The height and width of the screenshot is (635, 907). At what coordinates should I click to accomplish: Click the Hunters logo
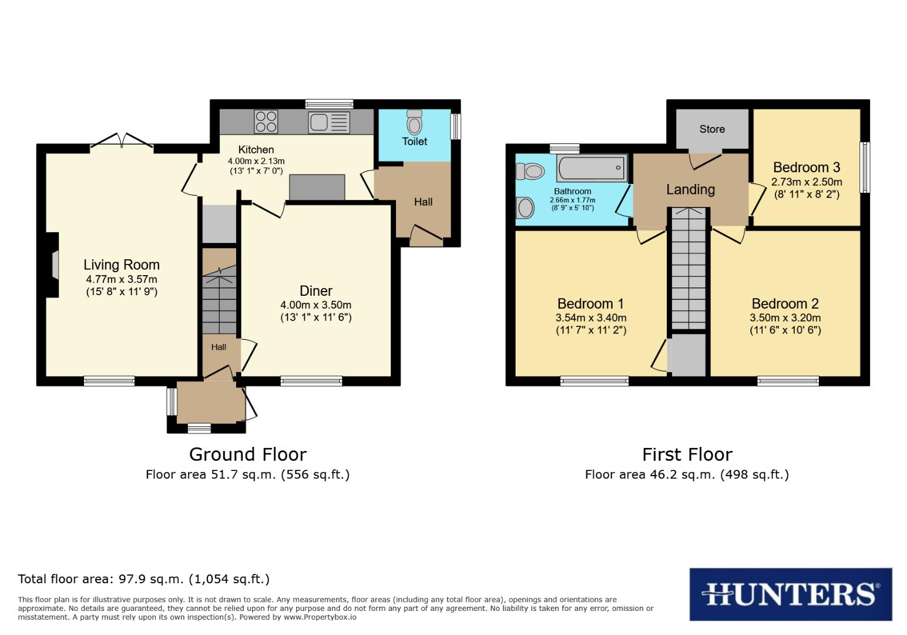tap(790, 594)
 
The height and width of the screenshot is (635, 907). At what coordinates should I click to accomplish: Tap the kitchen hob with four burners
tap(266, 122)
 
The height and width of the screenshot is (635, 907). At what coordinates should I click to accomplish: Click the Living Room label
tap(121, 265)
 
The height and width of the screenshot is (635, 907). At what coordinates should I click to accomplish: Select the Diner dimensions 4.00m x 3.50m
tap(316, 305)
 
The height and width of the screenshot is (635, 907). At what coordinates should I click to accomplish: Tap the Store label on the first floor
tap(712, 129)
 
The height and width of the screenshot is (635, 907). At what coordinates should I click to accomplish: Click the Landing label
tap(690, 189)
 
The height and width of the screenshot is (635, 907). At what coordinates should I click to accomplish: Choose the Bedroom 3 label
tap(806, 167)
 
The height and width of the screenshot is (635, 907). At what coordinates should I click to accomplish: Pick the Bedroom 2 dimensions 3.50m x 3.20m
tap(785, 317)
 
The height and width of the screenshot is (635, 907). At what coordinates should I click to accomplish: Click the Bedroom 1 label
tap(590, 303)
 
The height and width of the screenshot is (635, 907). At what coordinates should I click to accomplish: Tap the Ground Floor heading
tap(247, 454)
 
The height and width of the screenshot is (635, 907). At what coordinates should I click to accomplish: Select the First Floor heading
tap(687, 454)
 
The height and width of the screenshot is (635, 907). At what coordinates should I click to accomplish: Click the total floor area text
tap(144, 579)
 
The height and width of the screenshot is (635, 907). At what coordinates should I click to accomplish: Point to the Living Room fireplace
tap(53, 265)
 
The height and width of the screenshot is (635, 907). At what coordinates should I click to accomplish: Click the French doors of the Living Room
tap(122, 141)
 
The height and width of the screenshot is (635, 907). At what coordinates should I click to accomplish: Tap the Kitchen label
tap(256, 149)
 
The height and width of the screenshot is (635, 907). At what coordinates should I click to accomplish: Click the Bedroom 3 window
tap(865, 168)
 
